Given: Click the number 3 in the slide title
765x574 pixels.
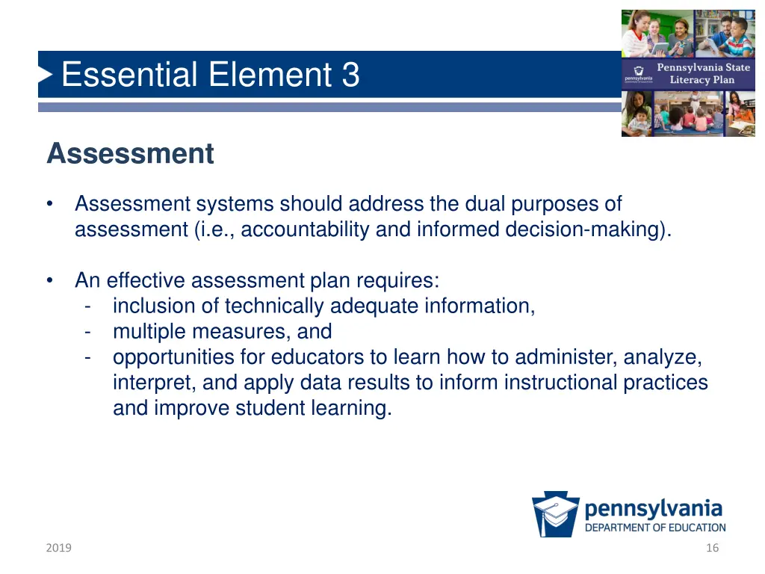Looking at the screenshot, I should coord(350,75).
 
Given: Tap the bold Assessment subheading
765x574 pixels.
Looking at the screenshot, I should coord(130,154).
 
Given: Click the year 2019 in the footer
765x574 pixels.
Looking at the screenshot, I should coord(58,548).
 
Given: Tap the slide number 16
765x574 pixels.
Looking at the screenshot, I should coord(712,548).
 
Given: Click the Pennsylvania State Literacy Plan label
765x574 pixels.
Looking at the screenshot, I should coord(702,73).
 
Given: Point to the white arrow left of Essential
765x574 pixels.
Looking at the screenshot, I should coord(46,75).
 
